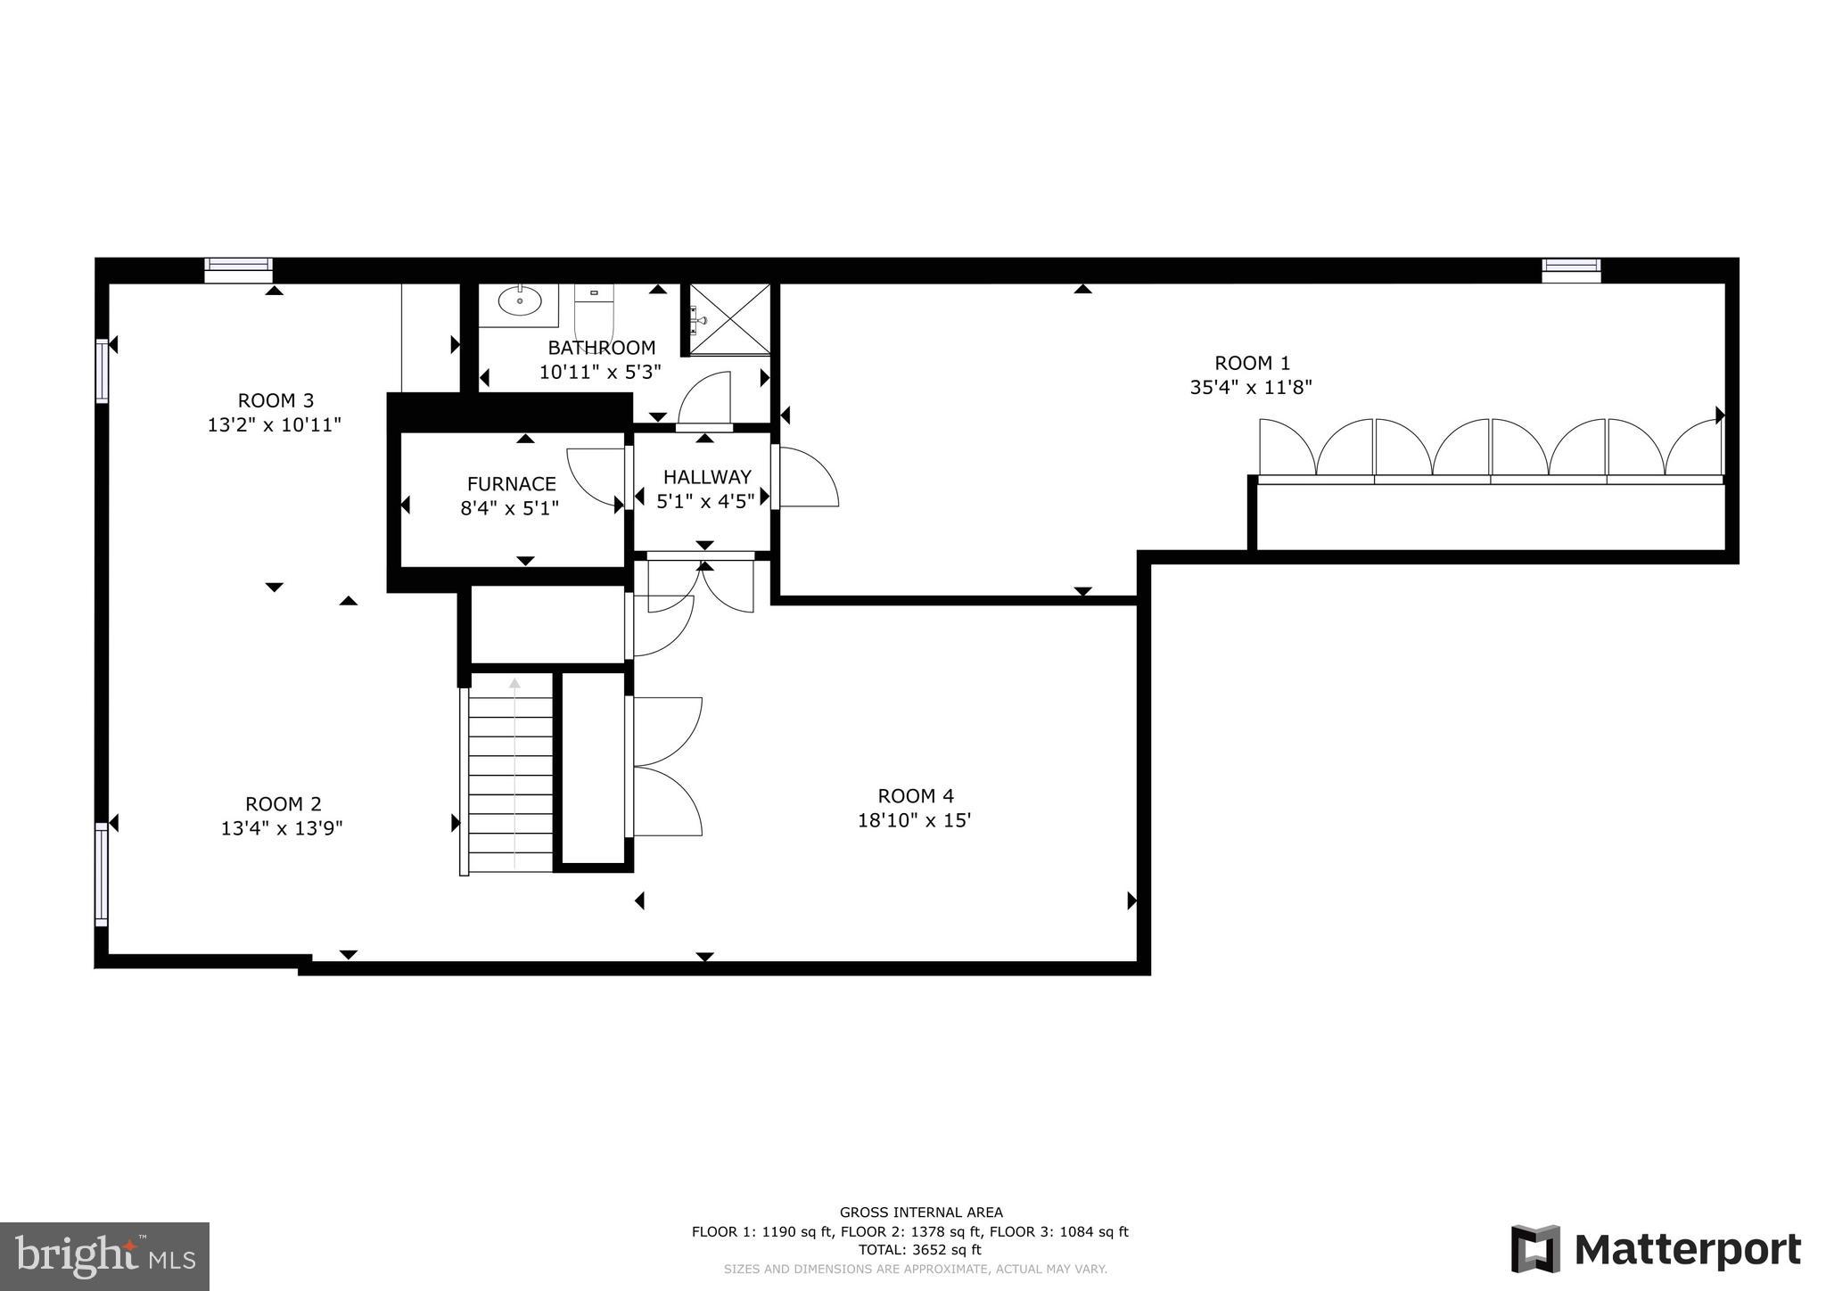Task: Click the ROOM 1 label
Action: click(x=1252, y=363)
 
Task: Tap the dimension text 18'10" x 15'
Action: click(x=914, y=820)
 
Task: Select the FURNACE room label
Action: click(x=511, y=484)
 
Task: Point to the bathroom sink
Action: click(x=519, y=302)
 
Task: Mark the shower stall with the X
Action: click(x=729, y=319)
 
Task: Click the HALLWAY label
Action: click(x=707, y=477)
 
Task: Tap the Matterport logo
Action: click(x=1656, y=1249)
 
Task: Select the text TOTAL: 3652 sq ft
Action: click(x=909, y=1250)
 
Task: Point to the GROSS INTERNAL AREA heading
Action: click(x=921, y=1212)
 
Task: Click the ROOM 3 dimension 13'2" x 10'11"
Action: click(x=275, y=425)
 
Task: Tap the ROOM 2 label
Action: click(x=283, y=803)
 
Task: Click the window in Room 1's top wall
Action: click(x=1571, y=270)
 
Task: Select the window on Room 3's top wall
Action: click(x=238, y=269)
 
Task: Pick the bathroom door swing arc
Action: click(x=705, y=399)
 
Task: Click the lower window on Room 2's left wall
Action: click(x=102, y=874)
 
